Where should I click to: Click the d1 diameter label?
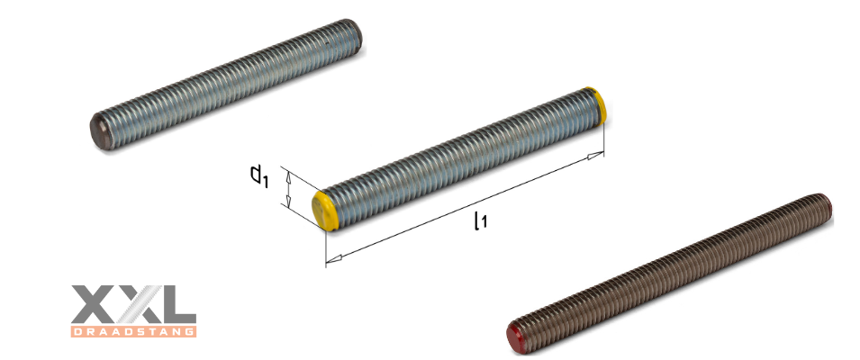[x=259, y=175]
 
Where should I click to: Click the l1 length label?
[x=480, y=219]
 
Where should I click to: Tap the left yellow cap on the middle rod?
[x=325, y=210]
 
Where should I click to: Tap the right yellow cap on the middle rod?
[x=595, y=103]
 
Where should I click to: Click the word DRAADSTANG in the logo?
[x=132, y=330]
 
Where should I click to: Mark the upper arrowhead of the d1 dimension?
[x=288, y=175]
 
